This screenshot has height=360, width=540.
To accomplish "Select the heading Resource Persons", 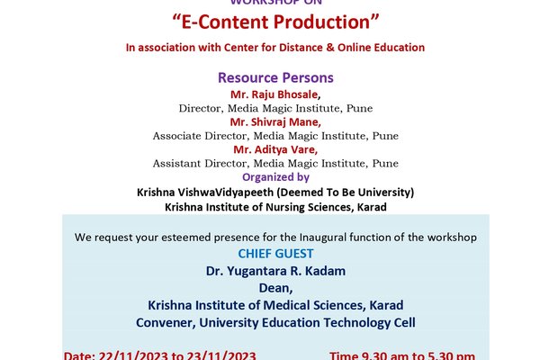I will pyautogui.click(x=275, y=78).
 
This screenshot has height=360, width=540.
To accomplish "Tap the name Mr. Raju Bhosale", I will pyautogui.click(x=275, y=94).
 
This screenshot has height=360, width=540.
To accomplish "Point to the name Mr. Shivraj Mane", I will pyautogui.click(x=275, y=121).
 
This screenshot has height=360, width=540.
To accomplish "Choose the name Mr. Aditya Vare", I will pyautogui.click(x=275, y=149).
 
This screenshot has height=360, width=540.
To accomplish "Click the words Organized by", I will pyautogui.click(x=275, y=177).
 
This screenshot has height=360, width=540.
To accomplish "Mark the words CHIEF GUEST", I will pyautogui.click(x=275, y=254).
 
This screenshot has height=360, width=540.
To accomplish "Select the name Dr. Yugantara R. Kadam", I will pyautogui.click(x=275, y=271).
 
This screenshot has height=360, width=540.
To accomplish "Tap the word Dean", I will pyautogui.click(x=275, y=288).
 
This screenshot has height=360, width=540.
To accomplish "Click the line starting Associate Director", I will pyautogui.click(x=275, y=136).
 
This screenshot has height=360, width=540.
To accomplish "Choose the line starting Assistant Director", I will pyautogui.click(x=275, y=164).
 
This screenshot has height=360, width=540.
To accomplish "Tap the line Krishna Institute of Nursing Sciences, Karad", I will pyautogui.click(x=275, y=206).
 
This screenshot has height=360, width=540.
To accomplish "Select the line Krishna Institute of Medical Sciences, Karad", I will pyautogui.click(x=275, y=305).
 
